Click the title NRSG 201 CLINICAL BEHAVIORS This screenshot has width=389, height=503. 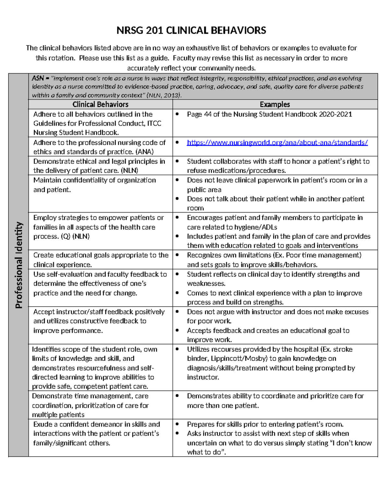point(191,30)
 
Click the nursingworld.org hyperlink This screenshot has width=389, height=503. point(277,143)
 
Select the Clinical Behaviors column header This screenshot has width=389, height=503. point(100,104)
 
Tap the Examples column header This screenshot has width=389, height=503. point(275,104)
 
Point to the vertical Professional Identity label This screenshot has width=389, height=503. point(19,265)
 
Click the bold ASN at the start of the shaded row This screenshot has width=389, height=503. point(38,78)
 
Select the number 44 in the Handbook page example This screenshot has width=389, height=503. point(207,114)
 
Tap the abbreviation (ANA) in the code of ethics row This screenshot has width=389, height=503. point(145,152)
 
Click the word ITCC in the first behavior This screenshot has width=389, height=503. point(154,123)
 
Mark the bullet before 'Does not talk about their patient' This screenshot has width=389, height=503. point(177,199)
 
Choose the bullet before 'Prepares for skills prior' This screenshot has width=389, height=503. point(177,424)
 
